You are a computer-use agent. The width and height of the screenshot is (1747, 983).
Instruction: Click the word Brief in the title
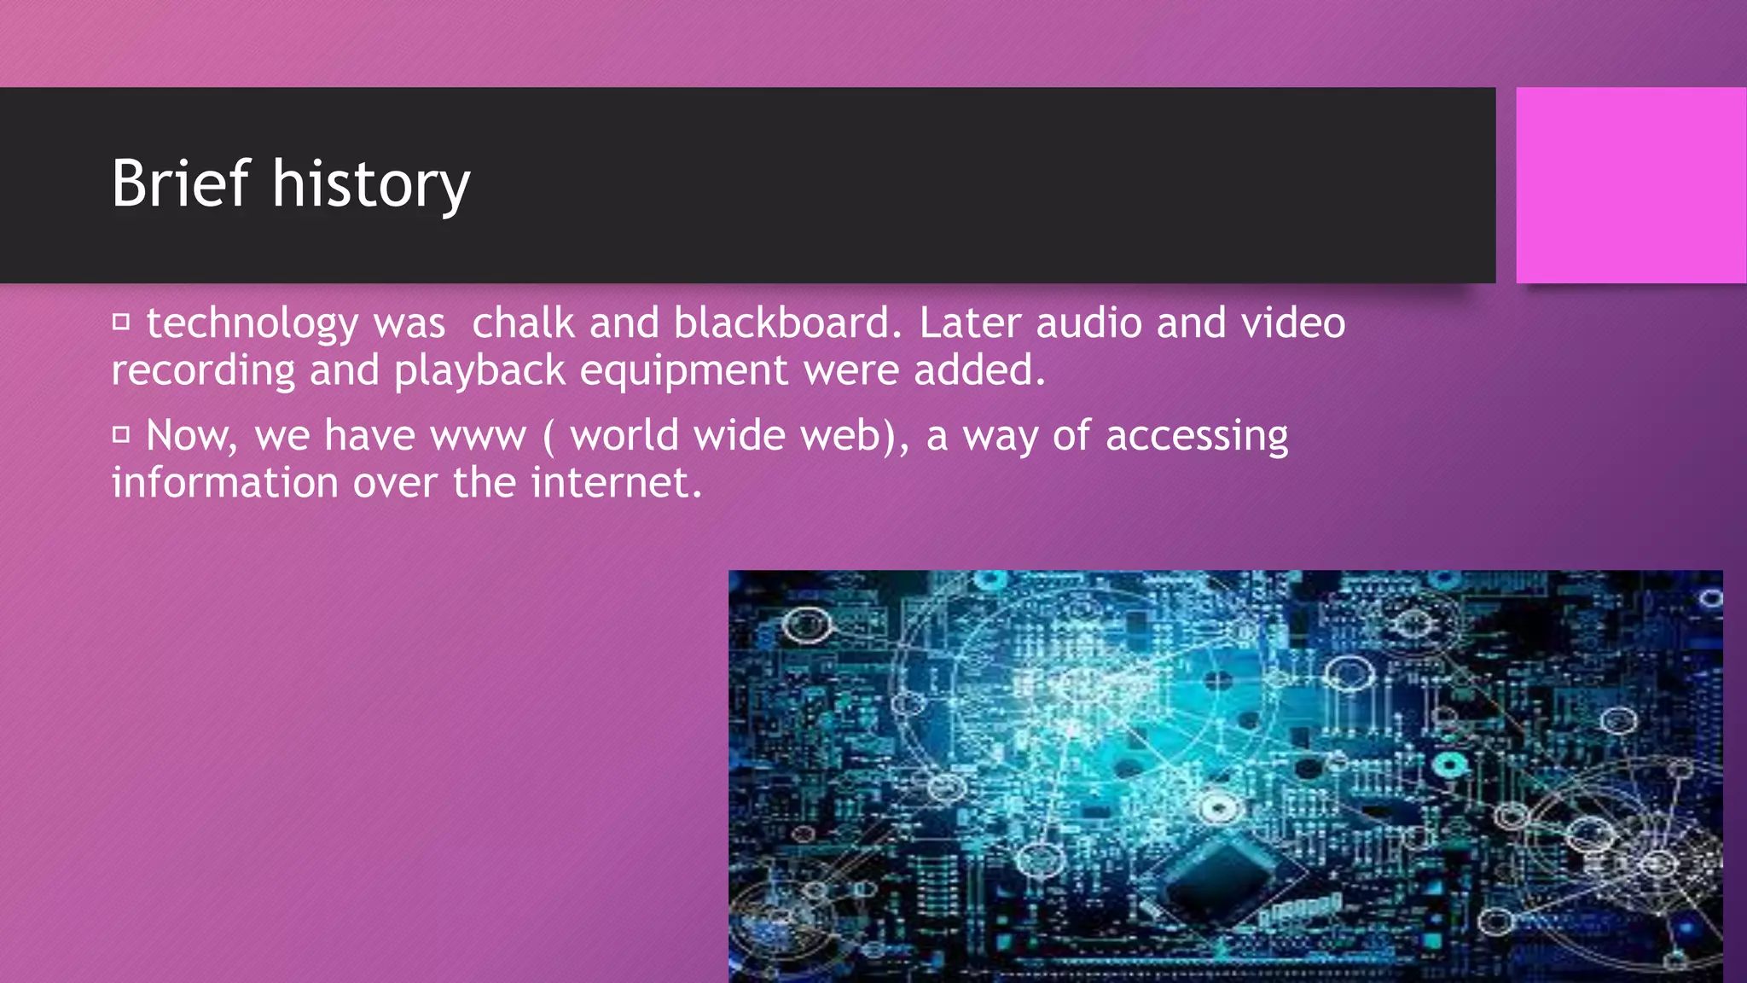tap(180, 183)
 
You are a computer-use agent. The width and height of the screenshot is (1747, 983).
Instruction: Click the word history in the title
tap(371, 185)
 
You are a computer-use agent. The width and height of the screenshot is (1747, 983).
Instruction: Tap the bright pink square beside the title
tap(1630, 185)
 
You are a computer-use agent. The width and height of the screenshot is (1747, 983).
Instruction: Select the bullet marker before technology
tap(121, 323)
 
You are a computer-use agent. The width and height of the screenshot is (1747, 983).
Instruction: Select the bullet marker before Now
tap(121, 435)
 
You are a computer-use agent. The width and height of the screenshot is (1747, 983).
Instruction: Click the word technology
tap(252, 324)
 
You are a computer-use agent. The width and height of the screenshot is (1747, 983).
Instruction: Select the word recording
tap(203, 371)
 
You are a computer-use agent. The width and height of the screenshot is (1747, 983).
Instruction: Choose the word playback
tap(479, 371)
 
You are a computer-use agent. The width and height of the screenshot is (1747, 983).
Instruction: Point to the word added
tap(979, 369)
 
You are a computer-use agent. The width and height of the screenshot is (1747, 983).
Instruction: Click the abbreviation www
tap(479, 437)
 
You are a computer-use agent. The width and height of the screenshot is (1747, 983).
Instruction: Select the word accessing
tap(1197, 437)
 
